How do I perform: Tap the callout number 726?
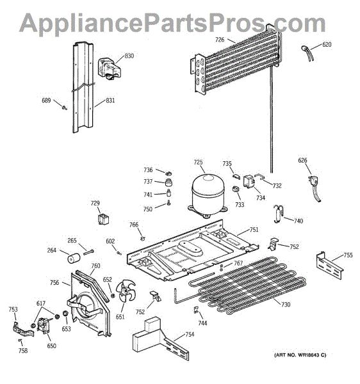point(220,40)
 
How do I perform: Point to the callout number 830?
point(129,56)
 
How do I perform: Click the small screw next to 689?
point(65,106)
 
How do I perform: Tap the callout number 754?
point(190,335)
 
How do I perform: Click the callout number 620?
point(327,45)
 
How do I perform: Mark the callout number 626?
point(302,161)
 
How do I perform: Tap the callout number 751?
point(254,230)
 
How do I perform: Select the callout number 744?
point(202,323)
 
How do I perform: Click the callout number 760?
point(95,266)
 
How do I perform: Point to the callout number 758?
point(23,351)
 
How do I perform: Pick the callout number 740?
point(299,220)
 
